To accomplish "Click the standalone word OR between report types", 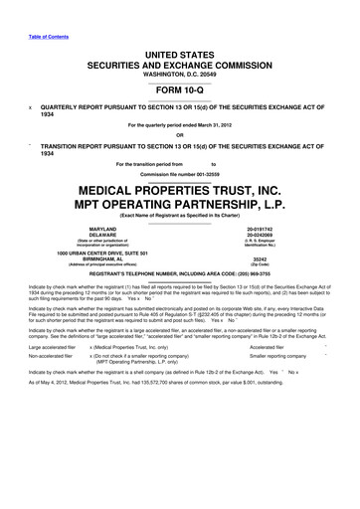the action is pyautogui.click(x=180, y=135).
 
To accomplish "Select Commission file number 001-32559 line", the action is pyautogui.click(x=180, y=171).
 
